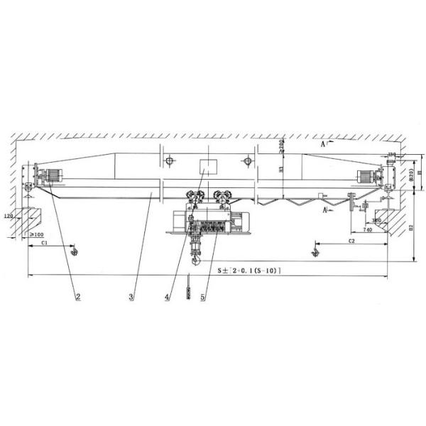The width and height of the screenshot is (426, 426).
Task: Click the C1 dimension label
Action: pyautogui.click(x=44, y=242)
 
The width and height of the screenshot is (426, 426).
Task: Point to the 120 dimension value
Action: pyautogui.click(x=9, y=216)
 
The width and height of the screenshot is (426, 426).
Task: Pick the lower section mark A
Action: pyautogui.click(x=324, y=211)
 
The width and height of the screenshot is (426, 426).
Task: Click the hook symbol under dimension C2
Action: pyautogui.click(x=312, y=250)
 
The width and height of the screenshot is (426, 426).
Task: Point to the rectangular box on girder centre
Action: pyautogui.click(x=207, y=168)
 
